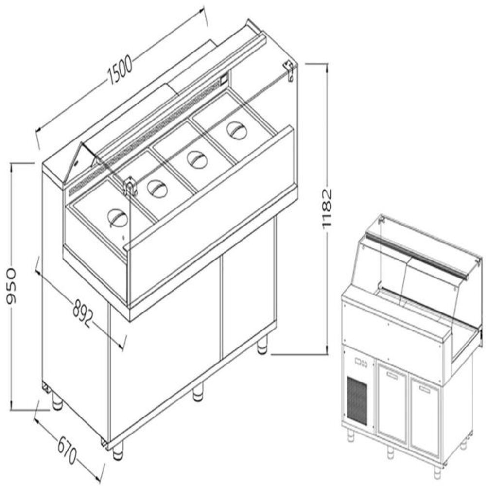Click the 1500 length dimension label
click(120, 70)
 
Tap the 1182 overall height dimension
click(327, 208)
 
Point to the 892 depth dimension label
click(83, 313)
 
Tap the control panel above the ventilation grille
click(360, 362)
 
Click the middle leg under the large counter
click(198, 393)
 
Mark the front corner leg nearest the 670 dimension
click(118, 452)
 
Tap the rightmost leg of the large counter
click(262, 345)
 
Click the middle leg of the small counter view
click(390, 452)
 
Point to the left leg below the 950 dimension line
click(57, 401)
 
